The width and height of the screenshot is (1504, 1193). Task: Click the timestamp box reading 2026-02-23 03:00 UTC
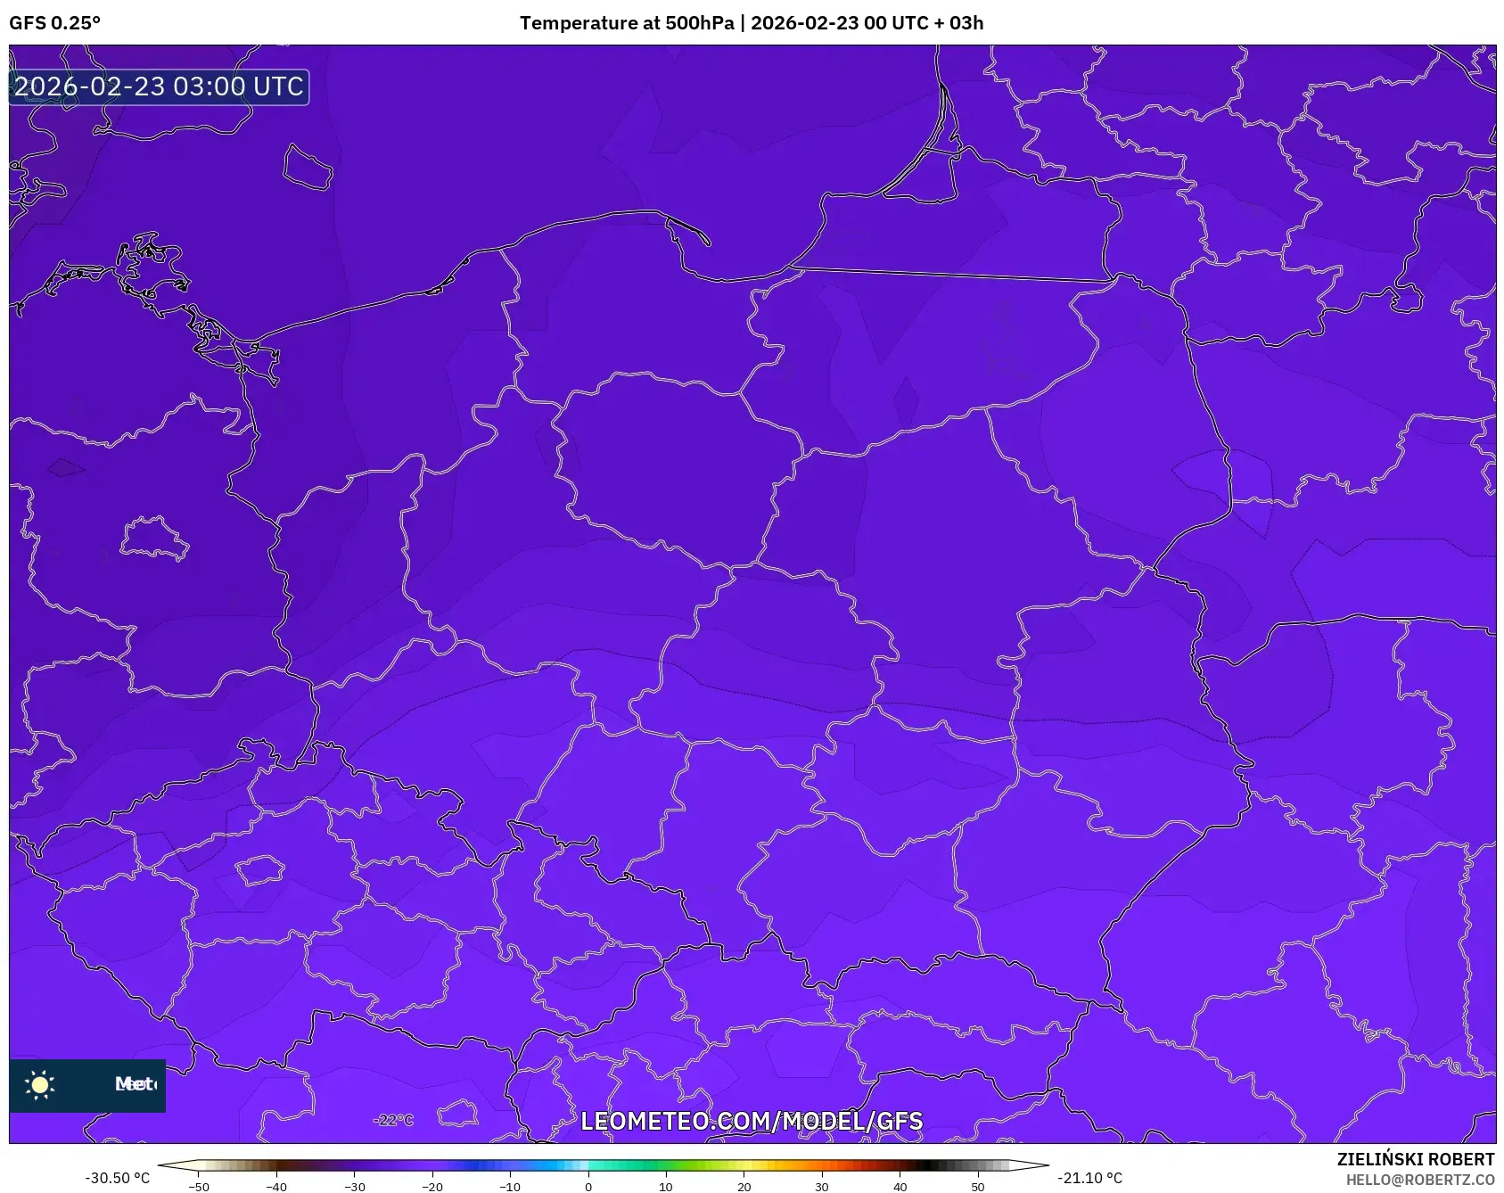[x=159, y=86]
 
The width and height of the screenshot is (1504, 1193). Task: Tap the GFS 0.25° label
[x=55, y=23]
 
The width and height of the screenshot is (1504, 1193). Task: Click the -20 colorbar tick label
[x=432, y=1187]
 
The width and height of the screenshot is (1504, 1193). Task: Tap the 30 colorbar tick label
[x=822, y=1187]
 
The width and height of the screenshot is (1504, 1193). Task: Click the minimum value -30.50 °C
[x=118, y=1178]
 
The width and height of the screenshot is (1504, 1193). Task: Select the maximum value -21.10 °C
[x=1089, y=1178]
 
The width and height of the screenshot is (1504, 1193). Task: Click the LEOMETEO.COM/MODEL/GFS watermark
[x=752, y=1121]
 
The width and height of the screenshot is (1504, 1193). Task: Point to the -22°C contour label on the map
[x=393, y=1120]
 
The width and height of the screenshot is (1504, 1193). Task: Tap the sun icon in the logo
[x=40, y=1084]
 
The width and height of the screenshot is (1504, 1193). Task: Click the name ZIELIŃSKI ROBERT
[x=1415, y=1159]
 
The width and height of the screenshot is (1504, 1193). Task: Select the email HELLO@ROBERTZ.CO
[x=1420, y=1180]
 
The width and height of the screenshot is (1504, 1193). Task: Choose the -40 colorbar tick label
[x=276, y=1187]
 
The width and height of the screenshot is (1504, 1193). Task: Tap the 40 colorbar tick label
[x=900, y=1187]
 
